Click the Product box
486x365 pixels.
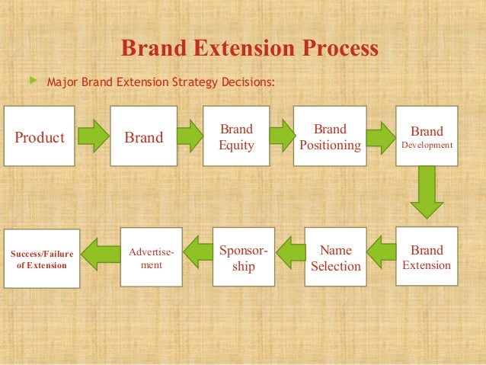pyautogui.click(x=40, y=136)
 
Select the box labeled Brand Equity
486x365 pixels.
pyautogui.click(x=236, y=136)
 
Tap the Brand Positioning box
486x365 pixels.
pyautogui.click(x=330, y=136)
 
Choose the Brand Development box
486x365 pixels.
pyautogui.click(x=427, y=136)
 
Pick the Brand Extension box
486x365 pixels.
pyautogui.click(x=427, y=257)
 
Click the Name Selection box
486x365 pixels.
pyautogui.click(x=335, y=257)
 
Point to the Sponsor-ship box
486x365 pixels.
pyautogui.click(x=243, y=257)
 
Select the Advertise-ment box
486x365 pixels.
pyautogui.click(x=152, y=257)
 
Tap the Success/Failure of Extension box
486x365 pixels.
pyautogui.click(x=42, y=258)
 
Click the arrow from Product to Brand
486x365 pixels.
pyautogui.click(x=92, y=136)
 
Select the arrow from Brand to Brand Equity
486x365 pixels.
pyautogui.click(x=190, y=136)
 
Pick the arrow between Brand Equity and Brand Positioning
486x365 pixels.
pyautogui.click(x=281, y=136)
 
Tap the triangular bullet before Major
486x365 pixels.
pyautogui.click(x=31, y=78)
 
